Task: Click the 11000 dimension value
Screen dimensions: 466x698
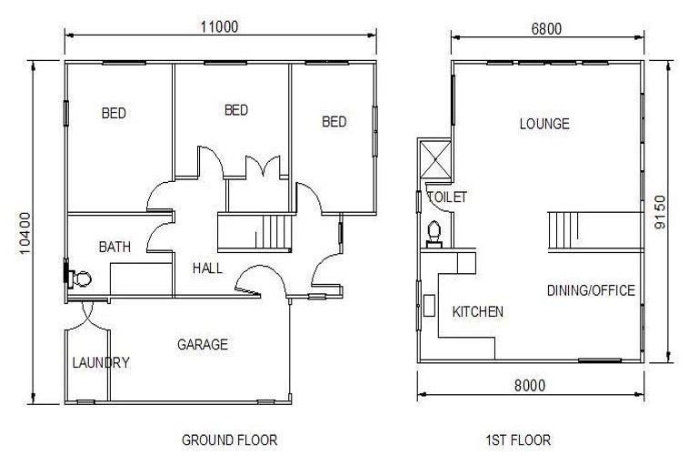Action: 219,26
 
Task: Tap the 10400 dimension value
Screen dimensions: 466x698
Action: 25,232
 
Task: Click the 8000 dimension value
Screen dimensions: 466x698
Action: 529,385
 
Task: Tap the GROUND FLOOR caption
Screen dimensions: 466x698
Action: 230,441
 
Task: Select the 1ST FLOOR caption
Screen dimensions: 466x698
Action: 518,441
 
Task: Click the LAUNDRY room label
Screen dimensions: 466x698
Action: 100,362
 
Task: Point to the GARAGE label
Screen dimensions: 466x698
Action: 202,345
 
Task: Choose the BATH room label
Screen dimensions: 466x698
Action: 115,247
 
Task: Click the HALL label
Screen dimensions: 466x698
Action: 208,268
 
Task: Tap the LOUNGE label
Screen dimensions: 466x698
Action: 543,124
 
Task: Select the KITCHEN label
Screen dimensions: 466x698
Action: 477,311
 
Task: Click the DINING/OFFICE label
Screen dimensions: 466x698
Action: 591,290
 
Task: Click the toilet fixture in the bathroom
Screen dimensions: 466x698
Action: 81,279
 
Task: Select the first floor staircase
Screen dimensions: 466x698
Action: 563,228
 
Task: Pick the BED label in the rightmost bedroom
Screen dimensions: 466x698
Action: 334,122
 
